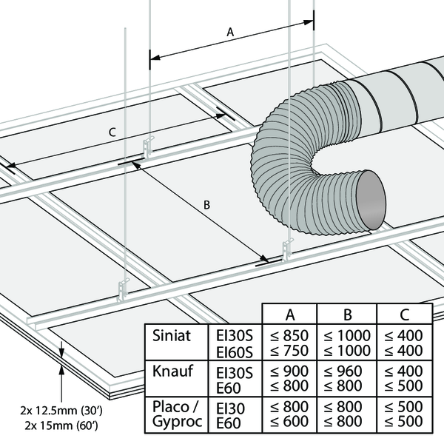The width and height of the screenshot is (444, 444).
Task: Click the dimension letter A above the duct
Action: tap(229, 33)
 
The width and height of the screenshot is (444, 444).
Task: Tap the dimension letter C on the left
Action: tap(111, 132)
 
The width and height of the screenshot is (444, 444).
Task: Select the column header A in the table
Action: tap(291, 313)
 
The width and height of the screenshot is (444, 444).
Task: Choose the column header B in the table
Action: tap(348, 313)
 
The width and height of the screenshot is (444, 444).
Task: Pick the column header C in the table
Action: tap(403, 313)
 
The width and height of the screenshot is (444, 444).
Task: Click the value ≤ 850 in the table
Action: tap(291, 336)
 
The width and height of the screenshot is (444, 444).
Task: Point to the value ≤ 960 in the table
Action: tap(348, 371)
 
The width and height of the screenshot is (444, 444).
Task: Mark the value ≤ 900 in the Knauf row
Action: tap(291, 371)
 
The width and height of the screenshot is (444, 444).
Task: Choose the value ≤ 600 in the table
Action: tap(291, 422)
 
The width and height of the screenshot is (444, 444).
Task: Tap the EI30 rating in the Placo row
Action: tap(230, 407)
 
